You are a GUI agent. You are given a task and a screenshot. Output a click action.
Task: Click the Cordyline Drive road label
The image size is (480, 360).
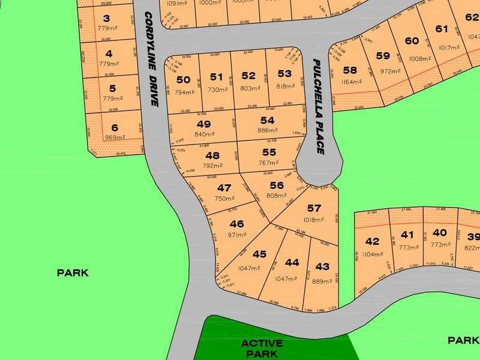click(x=150, y=59)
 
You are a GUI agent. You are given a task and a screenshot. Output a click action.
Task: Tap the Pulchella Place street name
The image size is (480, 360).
click(x=319, y=106)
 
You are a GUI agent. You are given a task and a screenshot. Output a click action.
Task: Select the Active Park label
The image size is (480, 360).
click(x=262, y=348)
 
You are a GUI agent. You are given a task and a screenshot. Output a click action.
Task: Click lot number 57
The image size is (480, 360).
click(x=314, y=208)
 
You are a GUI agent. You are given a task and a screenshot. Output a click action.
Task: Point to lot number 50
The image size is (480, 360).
click(x=183, y=79)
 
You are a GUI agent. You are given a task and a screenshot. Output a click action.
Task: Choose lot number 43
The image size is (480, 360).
click(x=322, y=266)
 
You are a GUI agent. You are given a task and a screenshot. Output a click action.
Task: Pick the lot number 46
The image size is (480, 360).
click(x=236, y=224)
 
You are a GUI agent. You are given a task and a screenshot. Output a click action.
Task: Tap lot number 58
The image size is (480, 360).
click(x=350, y=70)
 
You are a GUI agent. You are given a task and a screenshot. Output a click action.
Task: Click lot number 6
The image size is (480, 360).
click(x=115, y=127)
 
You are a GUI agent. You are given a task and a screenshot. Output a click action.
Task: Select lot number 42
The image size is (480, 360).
click(x=372, y=241)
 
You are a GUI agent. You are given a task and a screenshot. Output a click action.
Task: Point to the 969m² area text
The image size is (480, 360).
click(x=114, y=137)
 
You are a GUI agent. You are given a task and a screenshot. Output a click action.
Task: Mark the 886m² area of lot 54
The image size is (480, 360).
click(x=267, y=130)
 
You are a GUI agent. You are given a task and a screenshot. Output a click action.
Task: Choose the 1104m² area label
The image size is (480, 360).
click(x=372, y=254)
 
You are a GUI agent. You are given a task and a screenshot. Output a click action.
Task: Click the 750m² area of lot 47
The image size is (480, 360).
click(x=224, y=199)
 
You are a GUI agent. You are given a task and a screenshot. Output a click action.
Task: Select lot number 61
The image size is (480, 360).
click(x=442, y=29)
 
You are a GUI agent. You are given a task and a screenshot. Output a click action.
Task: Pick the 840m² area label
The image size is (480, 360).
click(x=203, y=134)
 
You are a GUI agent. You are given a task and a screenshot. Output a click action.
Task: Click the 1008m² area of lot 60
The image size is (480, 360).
click(x=419, y=59)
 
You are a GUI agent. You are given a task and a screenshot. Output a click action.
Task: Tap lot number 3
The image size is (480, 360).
click(x=107, y=18)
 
